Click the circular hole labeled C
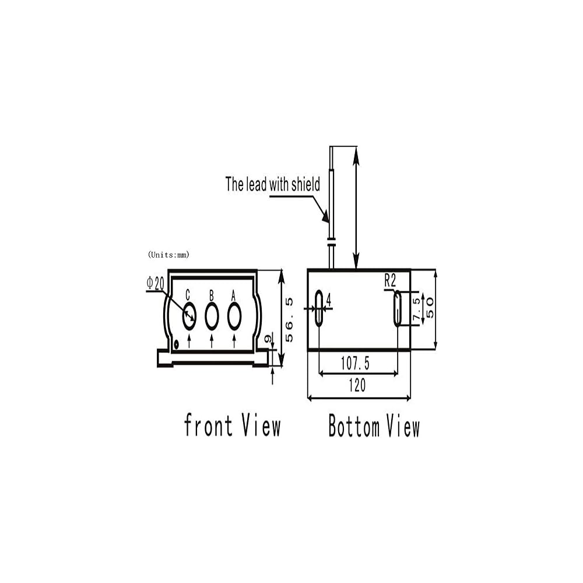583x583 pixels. (x=189, y=316)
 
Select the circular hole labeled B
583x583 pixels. (x=212, y=316)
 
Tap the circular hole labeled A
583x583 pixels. (x=234, y=316)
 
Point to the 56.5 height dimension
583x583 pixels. (x=289, y=319)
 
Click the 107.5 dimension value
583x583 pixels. (x=355, y=364)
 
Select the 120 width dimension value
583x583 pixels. (x=357, y=385)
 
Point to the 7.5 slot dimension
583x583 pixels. (x=416, y=308)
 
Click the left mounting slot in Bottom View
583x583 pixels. (x=319, y=308)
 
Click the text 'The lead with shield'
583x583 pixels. (x=273, y=185)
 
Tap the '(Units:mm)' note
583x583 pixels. (x=169, y=254)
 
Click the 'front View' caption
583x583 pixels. (x=232, y=425)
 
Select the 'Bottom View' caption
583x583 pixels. (x=374, y=426)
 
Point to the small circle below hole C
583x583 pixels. (x=176, y=343)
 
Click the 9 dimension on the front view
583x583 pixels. (x=268, y=339)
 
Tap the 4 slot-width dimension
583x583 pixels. (x=329, y=300)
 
